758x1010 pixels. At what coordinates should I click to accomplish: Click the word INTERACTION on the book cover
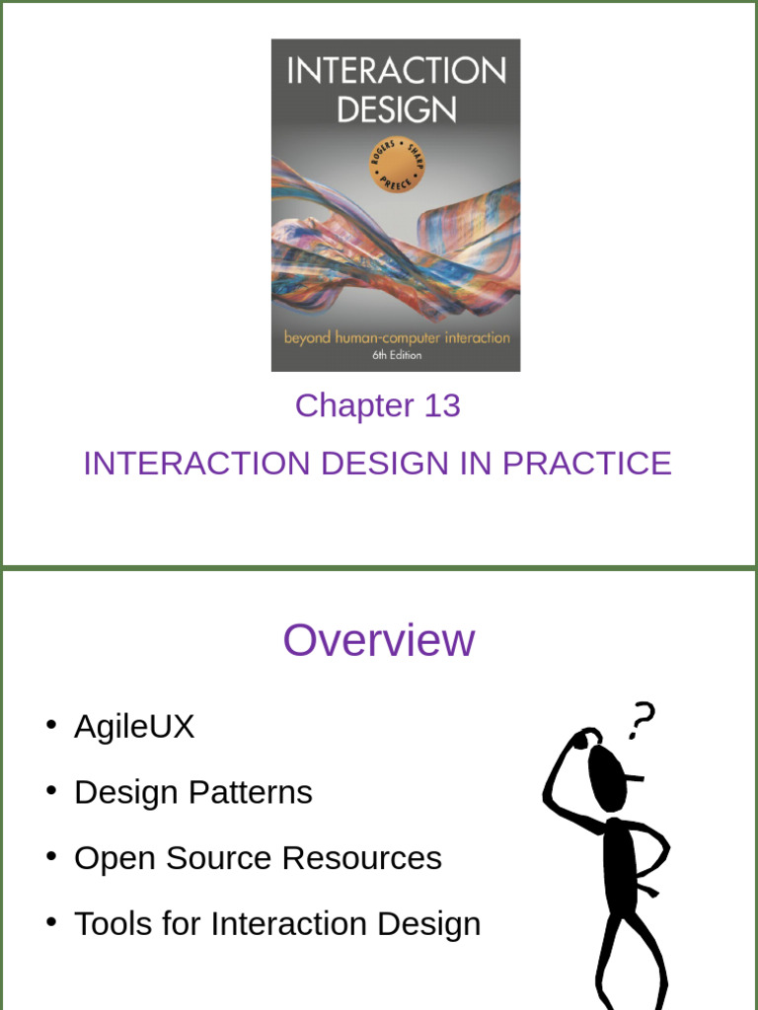396,71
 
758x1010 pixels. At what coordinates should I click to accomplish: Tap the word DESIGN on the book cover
396,109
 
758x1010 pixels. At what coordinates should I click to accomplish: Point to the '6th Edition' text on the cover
396,355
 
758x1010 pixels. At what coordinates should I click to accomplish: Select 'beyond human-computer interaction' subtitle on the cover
397,337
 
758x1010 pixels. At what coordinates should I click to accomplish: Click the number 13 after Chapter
441,405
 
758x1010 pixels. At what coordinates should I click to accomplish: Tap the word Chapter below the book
354,405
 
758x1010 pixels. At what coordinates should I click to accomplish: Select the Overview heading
379,640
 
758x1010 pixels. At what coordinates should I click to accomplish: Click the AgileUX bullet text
134,727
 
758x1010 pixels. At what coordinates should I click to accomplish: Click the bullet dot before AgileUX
50,725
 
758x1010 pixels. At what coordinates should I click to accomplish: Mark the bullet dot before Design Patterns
50,790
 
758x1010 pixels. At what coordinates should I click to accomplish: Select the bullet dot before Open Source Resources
50,856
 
